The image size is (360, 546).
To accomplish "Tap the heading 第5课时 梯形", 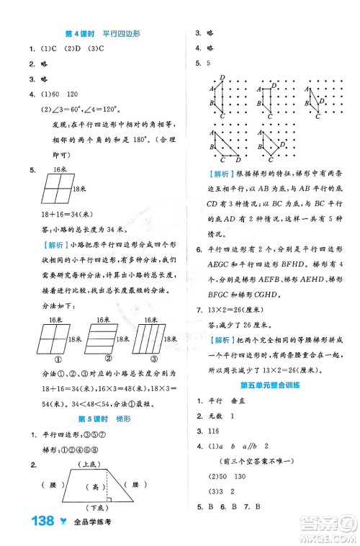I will click(101, 419).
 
